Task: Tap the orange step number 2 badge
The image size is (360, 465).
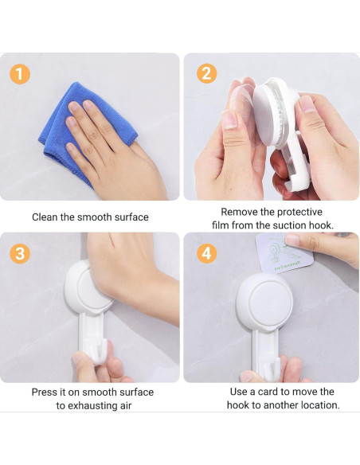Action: [206, 74]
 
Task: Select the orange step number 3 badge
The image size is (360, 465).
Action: [21, 254]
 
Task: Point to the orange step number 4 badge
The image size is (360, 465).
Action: [206, 254]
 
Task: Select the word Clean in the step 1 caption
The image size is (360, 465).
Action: [45, 217]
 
